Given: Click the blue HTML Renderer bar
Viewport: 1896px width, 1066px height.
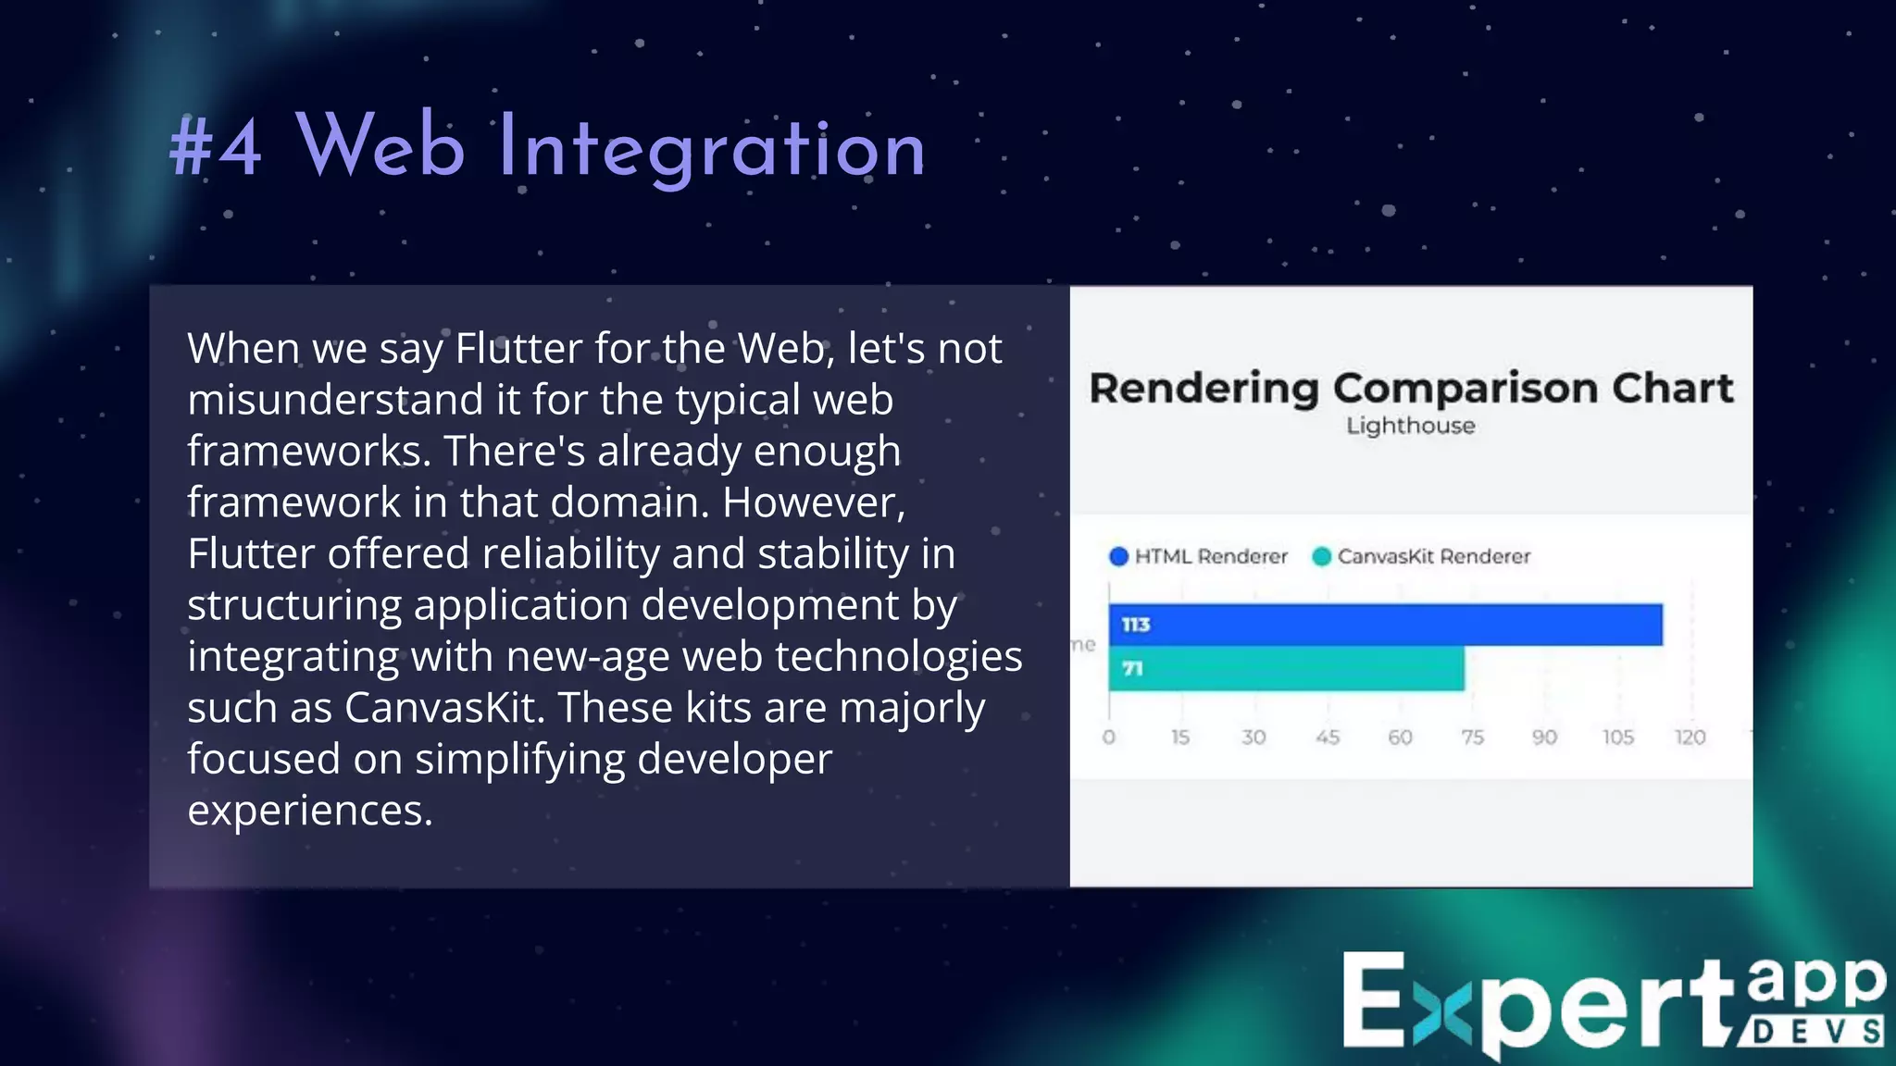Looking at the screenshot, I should tap(1385, 625).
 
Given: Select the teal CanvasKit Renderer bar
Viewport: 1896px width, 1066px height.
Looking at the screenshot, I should tap(1287, 668).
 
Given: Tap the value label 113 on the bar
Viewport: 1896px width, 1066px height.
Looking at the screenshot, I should tap(1136, 625).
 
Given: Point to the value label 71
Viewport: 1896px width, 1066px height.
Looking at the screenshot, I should tap(1132, 668).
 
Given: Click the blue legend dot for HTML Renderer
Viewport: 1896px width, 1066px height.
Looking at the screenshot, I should tap(1118, 556).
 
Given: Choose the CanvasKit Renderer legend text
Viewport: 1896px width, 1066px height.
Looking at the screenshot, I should tap(1434, 556).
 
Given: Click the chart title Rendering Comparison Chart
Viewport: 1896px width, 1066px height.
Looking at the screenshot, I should tap(1411, 388).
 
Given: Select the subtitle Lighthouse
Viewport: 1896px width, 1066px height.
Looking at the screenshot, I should tap(1411, 426).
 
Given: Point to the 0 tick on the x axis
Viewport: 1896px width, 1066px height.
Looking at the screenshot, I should tap(1109, 738).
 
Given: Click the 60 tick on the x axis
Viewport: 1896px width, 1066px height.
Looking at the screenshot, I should tap(1400, 738).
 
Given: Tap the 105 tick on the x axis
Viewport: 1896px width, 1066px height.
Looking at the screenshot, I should tap(1618, 738).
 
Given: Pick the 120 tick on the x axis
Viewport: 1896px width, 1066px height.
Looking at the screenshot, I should tap(1690, 738).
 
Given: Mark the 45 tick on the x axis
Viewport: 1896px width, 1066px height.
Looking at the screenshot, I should tap(1328, 738).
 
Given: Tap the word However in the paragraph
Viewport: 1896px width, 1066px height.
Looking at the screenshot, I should tap(813, 502).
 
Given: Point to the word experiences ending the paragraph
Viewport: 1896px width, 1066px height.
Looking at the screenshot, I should tap(309, 811).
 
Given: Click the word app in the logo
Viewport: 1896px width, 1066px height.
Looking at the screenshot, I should tap(1817, 984).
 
